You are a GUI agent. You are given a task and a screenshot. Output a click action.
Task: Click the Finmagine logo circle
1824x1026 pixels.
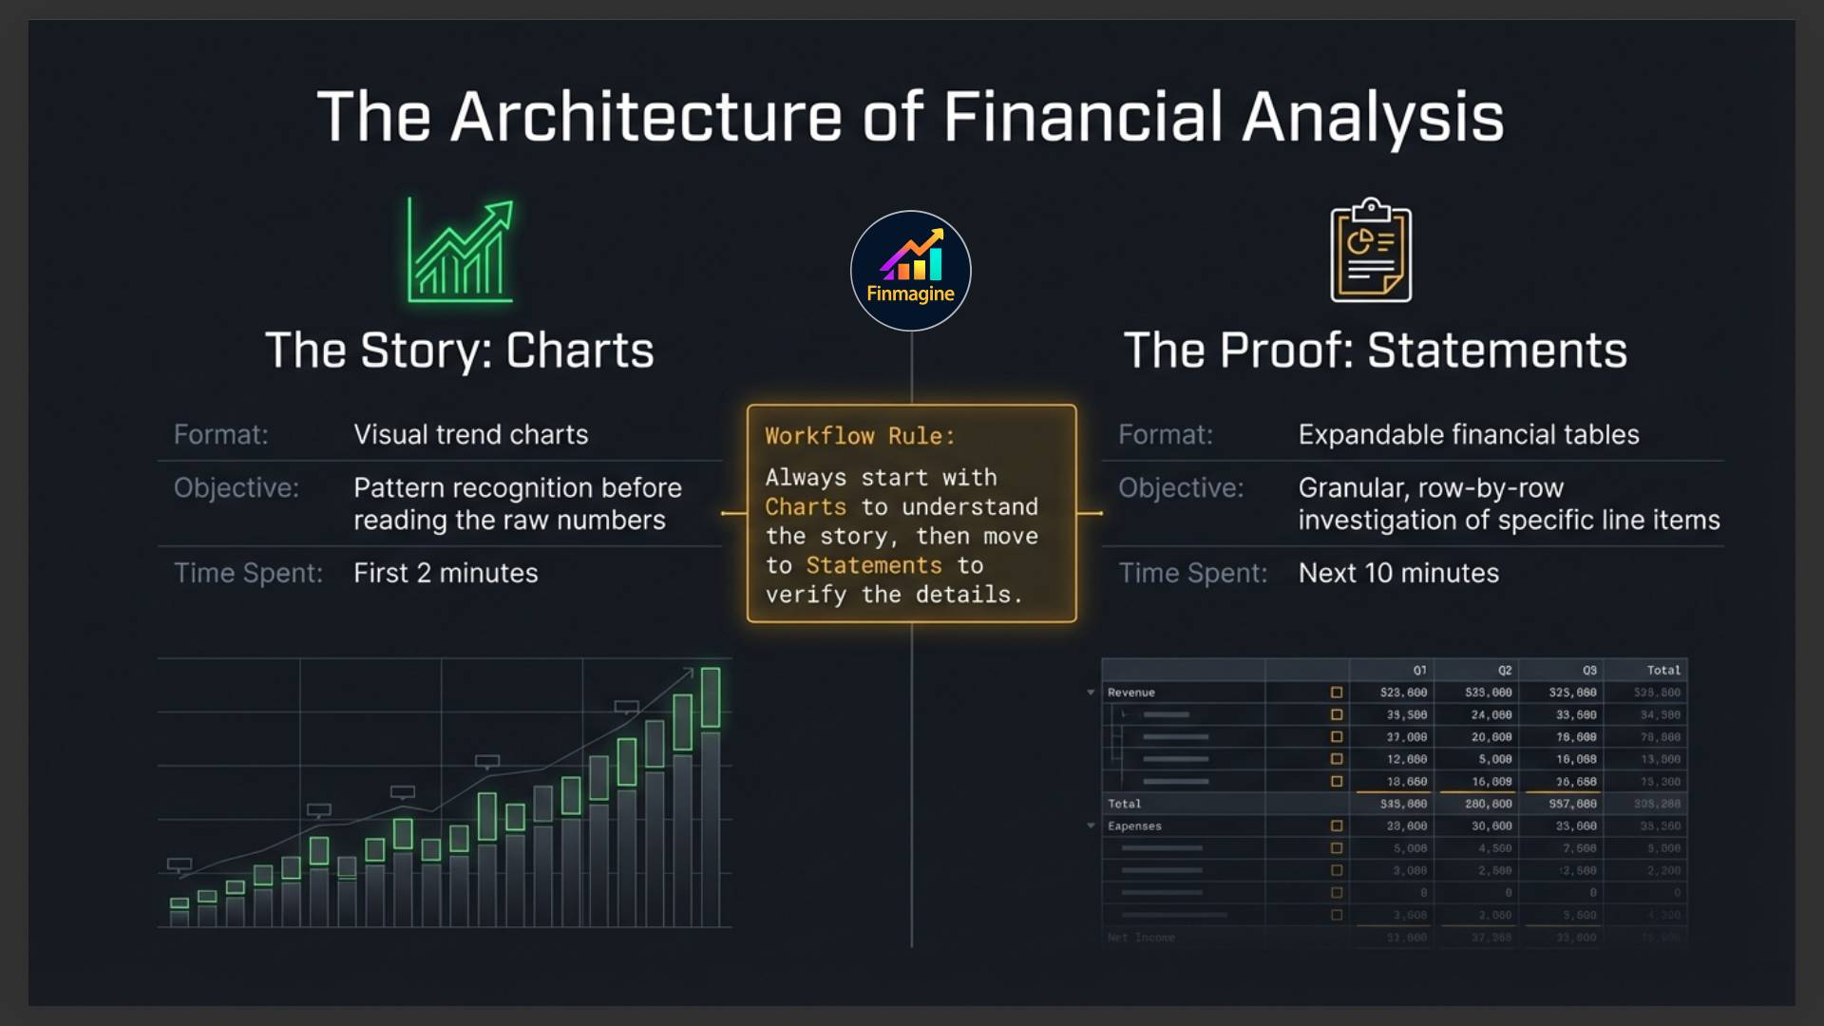(910, 271)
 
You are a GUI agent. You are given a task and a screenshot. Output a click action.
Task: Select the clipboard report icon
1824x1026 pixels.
(1371, 251)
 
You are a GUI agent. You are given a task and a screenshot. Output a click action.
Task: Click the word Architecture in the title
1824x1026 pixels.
(646, 118)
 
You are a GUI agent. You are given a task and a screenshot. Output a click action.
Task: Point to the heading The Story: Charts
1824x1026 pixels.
(460, 351)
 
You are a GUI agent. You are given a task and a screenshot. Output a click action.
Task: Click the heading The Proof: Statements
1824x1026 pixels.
(1375, 351)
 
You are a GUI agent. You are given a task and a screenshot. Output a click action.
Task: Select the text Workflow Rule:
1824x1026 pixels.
(860, 436)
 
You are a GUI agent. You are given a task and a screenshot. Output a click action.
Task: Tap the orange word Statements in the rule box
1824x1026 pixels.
(874, 565)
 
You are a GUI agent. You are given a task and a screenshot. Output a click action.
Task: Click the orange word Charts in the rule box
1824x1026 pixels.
(806, 506)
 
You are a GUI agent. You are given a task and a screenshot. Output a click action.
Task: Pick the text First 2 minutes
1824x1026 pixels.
(446, 573)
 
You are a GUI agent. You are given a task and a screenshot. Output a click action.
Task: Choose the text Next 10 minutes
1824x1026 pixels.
(1398, 573)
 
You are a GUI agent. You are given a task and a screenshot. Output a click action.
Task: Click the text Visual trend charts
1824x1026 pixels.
(470, 434)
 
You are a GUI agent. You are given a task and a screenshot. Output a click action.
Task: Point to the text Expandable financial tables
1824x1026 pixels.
(1469, 434)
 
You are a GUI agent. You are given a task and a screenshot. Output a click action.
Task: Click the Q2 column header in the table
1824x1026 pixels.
(1505, 670)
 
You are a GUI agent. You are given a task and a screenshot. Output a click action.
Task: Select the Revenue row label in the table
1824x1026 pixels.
(1130, 693)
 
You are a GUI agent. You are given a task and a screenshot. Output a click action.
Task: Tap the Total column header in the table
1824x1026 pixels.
(1663, 670)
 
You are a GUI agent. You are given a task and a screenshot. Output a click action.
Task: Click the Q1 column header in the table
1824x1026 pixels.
(1419, 670)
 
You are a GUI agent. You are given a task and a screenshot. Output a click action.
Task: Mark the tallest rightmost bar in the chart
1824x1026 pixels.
(711, 796)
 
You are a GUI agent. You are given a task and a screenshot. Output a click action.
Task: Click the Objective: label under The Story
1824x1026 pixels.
(237, 487)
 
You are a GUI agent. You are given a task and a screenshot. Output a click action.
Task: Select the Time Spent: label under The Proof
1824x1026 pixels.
(1192, 573)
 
